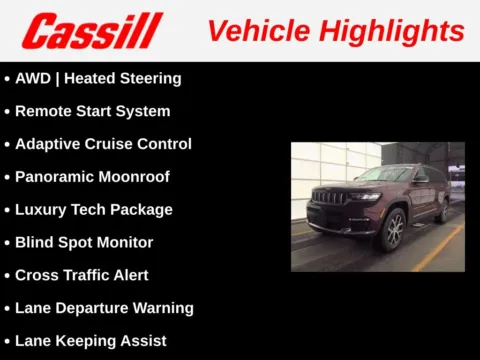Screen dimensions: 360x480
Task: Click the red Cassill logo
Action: click(91, 30)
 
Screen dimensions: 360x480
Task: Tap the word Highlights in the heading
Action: click(395, 30)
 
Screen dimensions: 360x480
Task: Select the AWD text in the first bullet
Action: click(33, 78)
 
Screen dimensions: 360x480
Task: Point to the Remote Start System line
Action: click(92, 111)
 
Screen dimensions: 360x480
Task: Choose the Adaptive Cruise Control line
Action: click(103, 144)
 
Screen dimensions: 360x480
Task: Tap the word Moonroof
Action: click(136, 177)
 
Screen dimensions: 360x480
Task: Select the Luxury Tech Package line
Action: click(93, 210)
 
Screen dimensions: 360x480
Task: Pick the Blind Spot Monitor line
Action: click(84, 242)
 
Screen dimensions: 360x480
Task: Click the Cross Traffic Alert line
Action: click(80, 275)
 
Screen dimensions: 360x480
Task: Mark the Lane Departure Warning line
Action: click(104, 308)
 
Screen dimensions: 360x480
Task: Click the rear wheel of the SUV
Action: click(443, 210)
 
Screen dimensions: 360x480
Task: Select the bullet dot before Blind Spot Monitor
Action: click(7, 243)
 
